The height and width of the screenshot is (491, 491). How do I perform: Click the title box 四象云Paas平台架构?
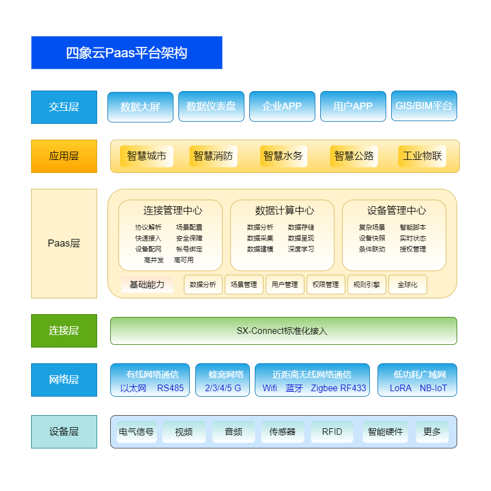coord(127,53)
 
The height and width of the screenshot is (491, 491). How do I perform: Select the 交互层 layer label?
coord(64,107)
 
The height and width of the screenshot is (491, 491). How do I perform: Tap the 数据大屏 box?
coord(140,107)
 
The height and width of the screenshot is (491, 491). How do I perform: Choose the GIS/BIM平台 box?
coord(424,106)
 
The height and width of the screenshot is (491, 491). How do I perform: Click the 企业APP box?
coord(282,106)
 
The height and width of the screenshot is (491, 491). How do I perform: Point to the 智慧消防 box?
coord(213,156)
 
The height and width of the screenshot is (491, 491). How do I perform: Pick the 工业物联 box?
coord(422,156)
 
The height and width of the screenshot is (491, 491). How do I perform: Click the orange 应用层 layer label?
coord(64,156)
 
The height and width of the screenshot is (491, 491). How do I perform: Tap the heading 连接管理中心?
coord(173,211)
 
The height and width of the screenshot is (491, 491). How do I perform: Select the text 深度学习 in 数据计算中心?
coord(301,249)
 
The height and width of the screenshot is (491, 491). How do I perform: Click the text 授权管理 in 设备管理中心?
coord(413,249)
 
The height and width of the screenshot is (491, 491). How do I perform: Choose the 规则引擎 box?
coord(367,284)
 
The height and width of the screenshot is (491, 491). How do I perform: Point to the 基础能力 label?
coord(147,284)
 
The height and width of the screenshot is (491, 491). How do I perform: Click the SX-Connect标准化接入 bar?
coord(283,331)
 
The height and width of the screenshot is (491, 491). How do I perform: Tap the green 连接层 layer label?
coord(64,331)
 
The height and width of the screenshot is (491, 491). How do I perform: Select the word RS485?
coord(171,388)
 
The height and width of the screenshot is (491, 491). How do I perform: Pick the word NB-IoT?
coord(433,388)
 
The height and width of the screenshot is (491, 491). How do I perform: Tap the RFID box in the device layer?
coord(332,432)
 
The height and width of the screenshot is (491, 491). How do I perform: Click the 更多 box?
coord(432,432)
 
